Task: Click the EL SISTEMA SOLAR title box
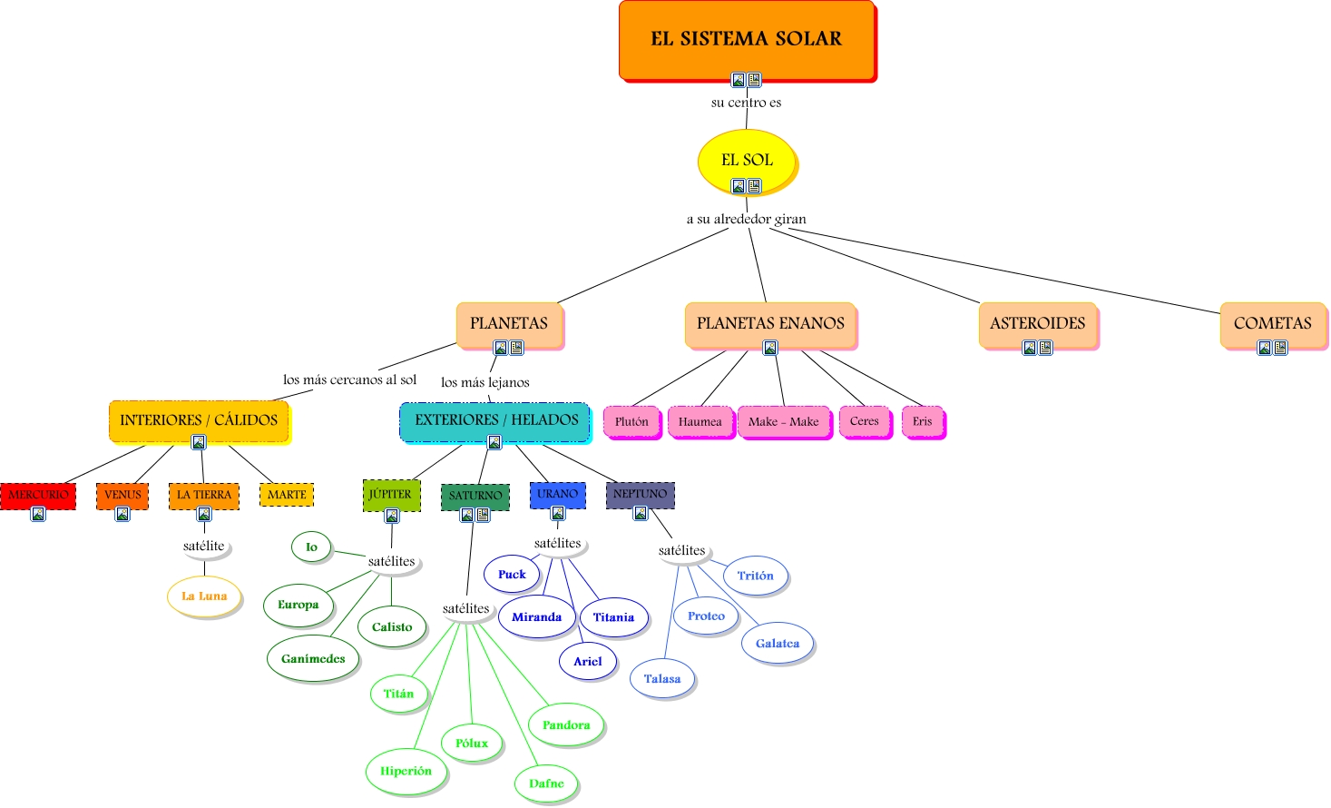(747, 39)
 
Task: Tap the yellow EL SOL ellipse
(747, 160)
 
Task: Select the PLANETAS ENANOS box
(770, 323)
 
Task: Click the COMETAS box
(1272, 323)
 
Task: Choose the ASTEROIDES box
(1037, 323)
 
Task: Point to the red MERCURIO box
(38, 495)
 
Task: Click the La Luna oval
(204, 596)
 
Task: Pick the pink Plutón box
(631, 421)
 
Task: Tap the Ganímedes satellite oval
(313, 659)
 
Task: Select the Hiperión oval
(406, 771)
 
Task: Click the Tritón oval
(755, 576)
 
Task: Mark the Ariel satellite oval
(587, 661)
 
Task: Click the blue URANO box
(557, 494)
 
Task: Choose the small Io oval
(311, 547)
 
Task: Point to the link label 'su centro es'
(746, 103)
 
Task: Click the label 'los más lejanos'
(484, 382)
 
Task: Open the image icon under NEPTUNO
(641, 513)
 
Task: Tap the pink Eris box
(922, 421)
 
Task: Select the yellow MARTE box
(287, 495)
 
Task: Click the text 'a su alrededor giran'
(746, 219)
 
